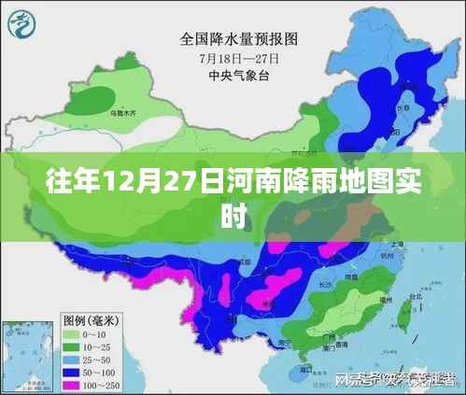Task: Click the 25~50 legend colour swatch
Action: tap(71, 359)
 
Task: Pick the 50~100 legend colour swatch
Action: tap(71, 373)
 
